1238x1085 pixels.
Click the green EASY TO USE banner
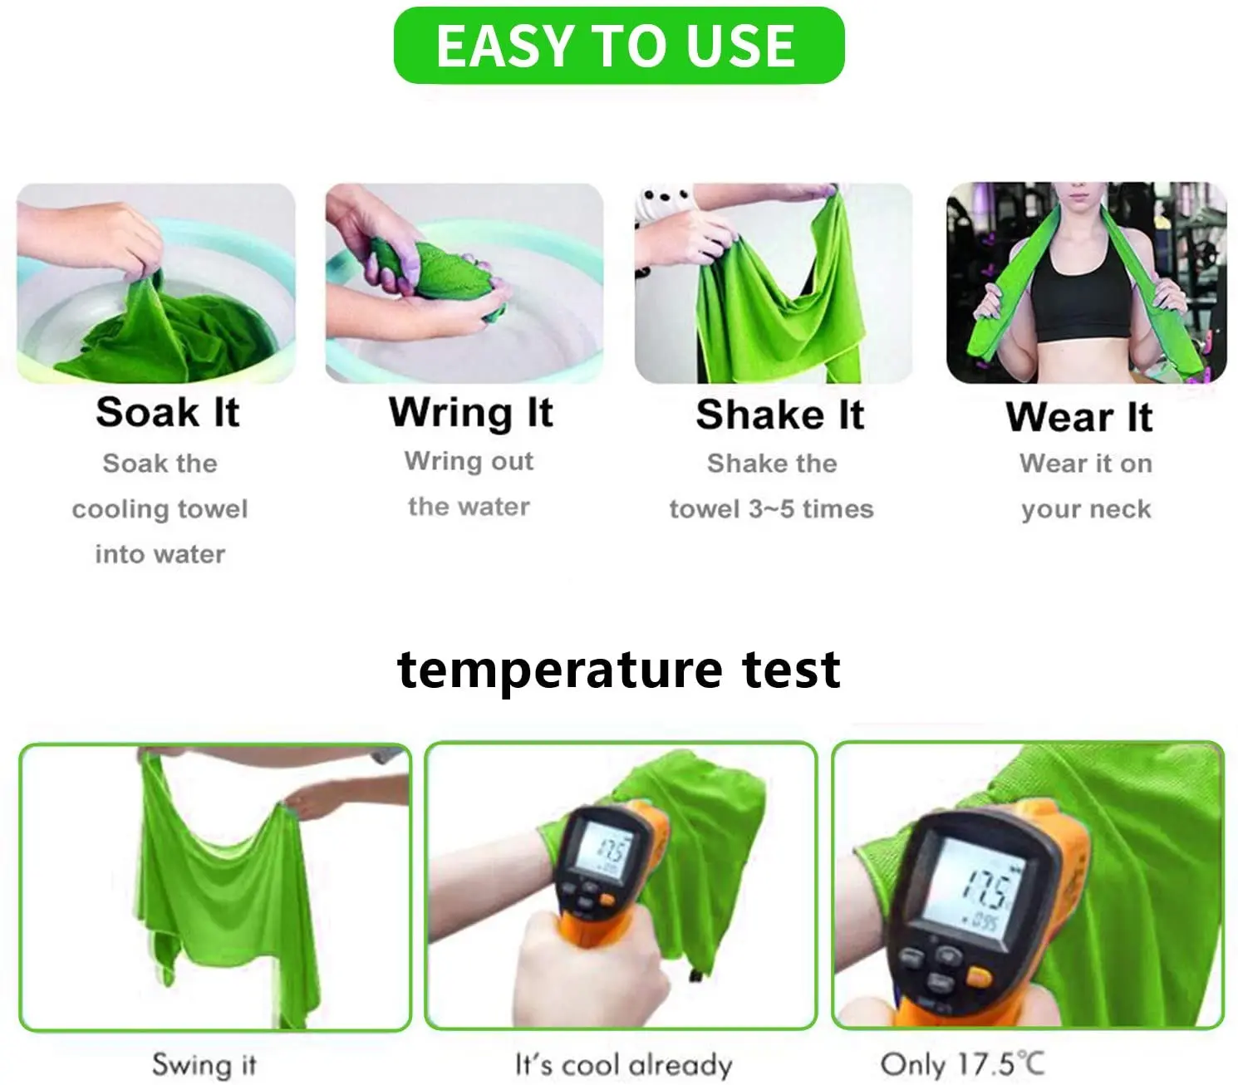(619, 46)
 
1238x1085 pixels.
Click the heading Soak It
(168, 412)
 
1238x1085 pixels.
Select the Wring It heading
(470, 412)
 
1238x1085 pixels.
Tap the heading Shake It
(779, 415)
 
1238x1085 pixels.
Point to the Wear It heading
(1078, 416)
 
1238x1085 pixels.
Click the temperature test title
(619, 670)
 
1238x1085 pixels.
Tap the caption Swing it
(204, 1064)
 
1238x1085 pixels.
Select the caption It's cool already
(623, 1064)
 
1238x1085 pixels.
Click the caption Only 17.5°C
(961, 1064)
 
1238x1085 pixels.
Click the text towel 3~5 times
(771, 508)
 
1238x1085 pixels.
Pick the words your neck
(1086, 508)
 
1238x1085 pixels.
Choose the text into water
(160, 554)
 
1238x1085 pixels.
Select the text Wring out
(469, 461)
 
